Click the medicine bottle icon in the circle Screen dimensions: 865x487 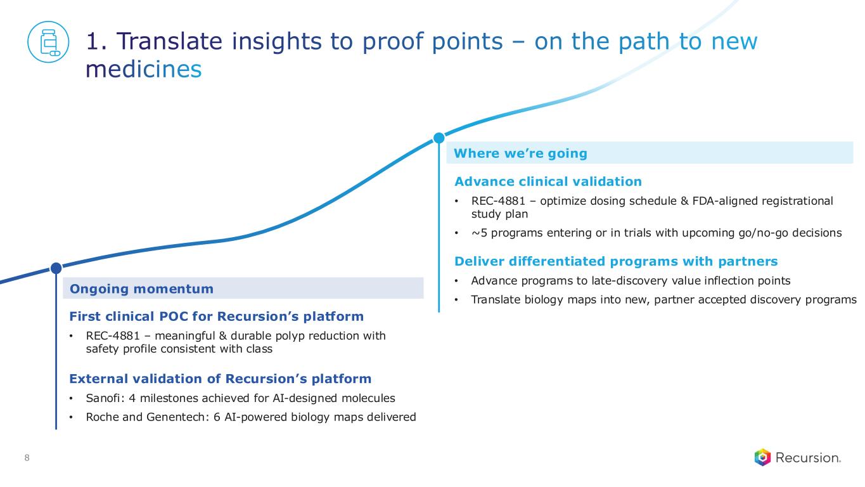[49, 42]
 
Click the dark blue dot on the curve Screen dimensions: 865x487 [56, 268]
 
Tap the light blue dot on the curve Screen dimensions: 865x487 [439, 138]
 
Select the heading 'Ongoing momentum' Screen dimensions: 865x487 [141, 289]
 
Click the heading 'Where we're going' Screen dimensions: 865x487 [520, 153]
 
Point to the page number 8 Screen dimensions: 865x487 [27, 458]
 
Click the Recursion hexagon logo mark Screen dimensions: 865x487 [762, 458]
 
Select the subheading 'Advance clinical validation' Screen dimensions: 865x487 [548, 181]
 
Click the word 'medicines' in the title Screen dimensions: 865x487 [143, 70]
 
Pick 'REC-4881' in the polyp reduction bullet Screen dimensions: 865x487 [112, 336]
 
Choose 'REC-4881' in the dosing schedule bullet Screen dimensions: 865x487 [498, 201]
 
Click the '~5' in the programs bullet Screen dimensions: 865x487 [479, 233]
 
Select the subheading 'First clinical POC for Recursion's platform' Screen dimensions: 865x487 [216, 316]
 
